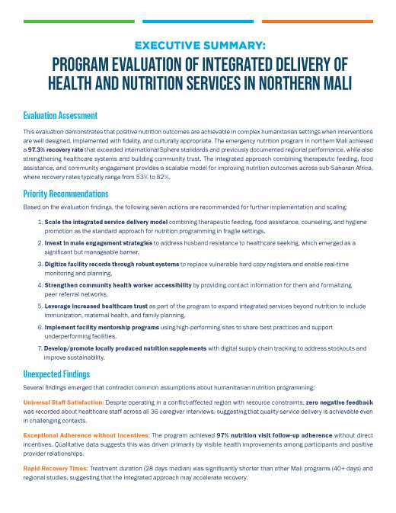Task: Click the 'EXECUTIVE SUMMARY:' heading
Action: pos(197,45)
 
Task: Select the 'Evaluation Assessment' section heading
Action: pos(60,116)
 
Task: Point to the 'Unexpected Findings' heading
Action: pos(57,374)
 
